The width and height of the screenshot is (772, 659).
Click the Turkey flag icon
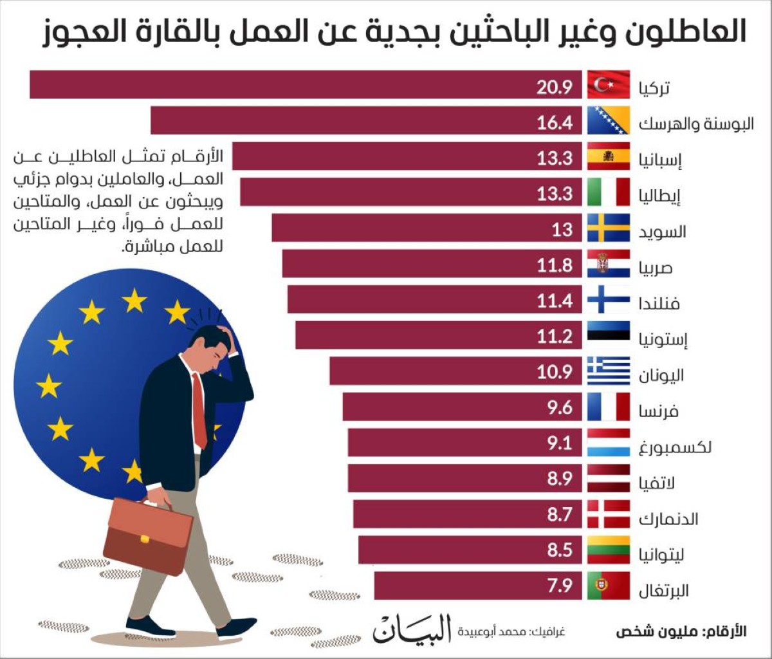point(608,85)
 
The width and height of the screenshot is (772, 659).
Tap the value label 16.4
point(555,122)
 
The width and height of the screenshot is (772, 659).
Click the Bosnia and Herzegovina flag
point(608,121)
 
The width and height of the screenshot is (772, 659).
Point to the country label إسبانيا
point(660,159)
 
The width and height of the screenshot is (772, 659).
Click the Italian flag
point(608,192)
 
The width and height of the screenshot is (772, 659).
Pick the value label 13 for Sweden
point(562,229)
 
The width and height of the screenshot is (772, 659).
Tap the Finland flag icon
point(608,300)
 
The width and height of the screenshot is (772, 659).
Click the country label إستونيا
point(663,339)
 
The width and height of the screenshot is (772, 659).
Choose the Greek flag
point(608,371)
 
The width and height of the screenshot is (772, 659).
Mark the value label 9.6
point(559,408)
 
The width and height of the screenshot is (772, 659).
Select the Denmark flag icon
point(608,514)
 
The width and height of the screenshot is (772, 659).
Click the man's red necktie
point(199,412)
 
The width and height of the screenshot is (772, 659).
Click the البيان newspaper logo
point(412,629)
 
